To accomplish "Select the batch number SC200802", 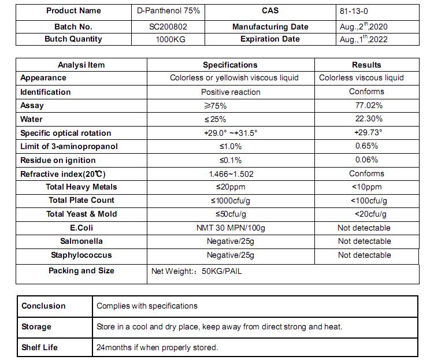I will click(168, 27).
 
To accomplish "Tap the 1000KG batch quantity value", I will click(168, 39).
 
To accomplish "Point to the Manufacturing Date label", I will click(270, 27).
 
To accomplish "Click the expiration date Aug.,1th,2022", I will click(363, 39).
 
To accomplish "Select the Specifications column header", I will click(230, 65).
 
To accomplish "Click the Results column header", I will click(366, 65).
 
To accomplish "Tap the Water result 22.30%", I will click(369, 119).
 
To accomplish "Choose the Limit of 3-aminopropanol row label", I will click(69, 146).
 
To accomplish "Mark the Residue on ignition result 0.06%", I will click(366, 160).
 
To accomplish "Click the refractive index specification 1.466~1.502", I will click(231, 173).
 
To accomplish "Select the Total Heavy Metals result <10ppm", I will click(366, 187).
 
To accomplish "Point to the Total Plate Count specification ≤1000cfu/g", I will click(231, 201).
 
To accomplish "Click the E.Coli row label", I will click(81, 228).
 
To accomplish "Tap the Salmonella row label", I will click(81, 241).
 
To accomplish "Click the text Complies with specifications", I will click(147, 306).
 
